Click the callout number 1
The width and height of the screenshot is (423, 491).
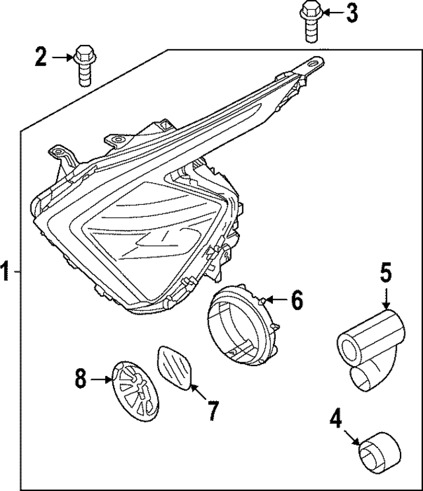6,272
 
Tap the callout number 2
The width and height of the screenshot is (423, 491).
41,58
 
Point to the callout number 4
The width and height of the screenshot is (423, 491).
336,419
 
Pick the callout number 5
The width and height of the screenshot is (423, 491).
387,273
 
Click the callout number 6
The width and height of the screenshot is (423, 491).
297,301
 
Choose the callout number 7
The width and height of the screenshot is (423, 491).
211,410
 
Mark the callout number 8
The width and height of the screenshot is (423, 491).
81,379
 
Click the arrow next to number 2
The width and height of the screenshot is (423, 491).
63,58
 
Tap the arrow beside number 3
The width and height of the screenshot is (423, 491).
332,13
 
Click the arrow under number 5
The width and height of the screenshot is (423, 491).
386,299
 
